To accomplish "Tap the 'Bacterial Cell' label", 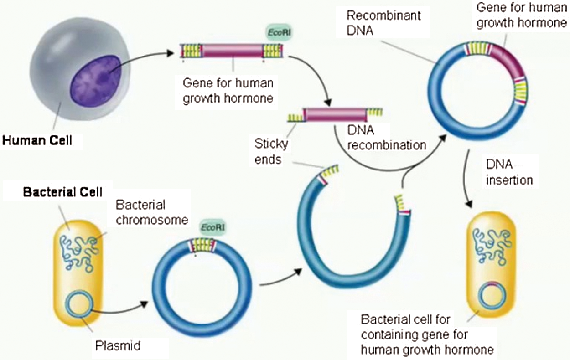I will click(56, 191).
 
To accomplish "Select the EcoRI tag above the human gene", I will click(274, 34).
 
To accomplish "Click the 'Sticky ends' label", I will click(271, 151).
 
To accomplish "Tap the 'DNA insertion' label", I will click(509, 172).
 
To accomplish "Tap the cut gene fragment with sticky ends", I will click(335, 114).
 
